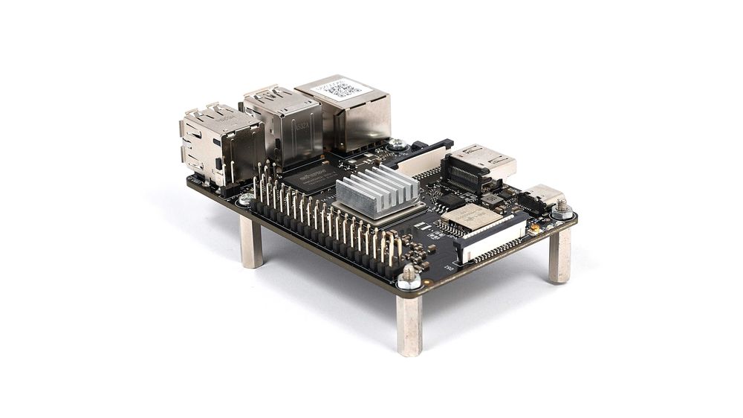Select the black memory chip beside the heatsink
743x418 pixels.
pos(312,177)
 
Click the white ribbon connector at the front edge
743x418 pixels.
pos(494,239)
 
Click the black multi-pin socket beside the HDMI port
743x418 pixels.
pos(464,174)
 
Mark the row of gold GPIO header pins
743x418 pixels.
pos(327,216)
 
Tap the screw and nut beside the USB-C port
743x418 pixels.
pos(562,209)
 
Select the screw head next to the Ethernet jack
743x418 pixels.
pos(398,144)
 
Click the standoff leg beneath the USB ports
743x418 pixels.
pos(251,242)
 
